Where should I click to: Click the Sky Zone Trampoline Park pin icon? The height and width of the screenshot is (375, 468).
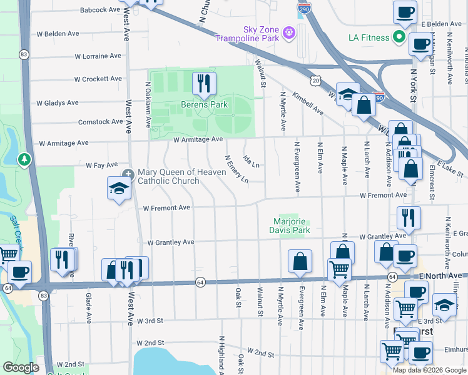288,31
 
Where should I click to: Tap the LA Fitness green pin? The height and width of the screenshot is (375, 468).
398,37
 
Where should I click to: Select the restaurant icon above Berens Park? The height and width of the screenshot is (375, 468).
203,84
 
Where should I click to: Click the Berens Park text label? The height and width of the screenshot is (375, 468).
204,104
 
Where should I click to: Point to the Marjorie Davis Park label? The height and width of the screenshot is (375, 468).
292,226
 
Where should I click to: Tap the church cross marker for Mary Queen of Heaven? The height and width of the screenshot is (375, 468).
128,173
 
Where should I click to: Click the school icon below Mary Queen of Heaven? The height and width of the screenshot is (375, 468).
118,189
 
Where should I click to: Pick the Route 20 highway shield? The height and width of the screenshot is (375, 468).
316,80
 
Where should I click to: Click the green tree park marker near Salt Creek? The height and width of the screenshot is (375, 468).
24,161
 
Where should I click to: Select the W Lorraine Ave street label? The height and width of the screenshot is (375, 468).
98,56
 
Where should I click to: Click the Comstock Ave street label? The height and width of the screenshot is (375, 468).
99,122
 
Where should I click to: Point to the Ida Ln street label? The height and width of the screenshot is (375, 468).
251,162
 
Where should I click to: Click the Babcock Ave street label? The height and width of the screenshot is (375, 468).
99,10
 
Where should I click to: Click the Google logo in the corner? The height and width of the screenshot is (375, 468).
21,367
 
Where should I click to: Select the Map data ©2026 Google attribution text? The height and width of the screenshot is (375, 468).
429,370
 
